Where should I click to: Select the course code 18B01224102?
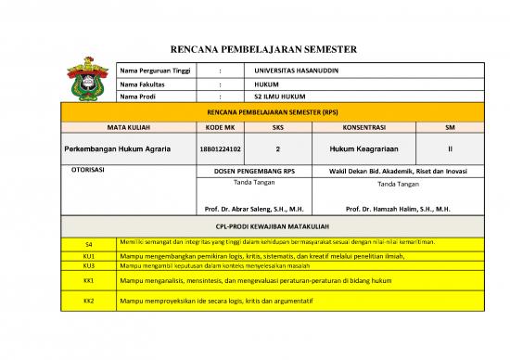pos(220,148)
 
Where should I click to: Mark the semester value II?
pos(450,148)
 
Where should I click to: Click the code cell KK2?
pos(89,302)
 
